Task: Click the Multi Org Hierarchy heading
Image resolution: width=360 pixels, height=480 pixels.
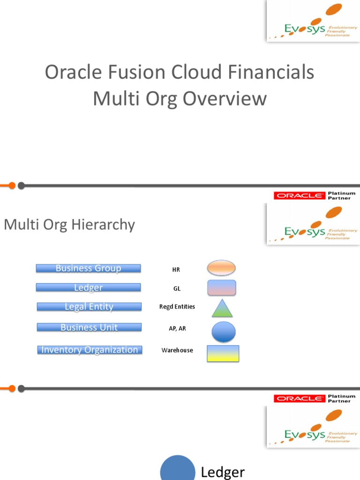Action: (69, 225)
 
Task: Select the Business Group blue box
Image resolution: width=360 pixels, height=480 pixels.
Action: (88, 269)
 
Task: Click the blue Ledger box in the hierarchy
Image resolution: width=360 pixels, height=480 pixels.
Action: (88, 288)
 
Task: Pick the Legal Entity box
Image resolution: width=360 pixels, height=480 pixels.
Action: (89, 307)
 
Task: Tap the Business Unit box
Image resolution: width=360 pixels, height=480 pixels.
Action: (89, 327)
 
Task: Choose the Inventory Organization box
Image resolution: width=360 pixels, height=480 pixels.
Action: (90, 350)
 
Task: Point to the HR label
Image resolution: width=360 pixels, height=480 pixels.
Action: (176, 270)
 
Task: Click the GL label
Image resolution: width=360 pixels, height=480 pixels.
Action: (177, 289)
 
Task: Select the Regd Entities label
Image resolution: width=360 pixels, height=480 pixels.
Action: (177, 307)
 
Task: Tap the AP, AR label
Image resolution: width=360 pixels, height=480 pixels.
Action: (177, 329)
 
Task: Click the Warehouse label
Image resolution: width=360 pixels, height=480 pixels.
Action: (177, 350)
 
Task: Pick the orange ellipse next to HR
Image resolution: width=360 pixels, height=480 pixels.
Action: (221, 268)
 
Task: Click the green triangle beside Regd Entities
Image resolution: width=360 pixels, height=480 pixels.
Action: (222, 309)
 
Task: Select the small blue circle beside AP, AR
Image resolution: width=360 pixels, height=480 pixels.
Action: (224, 331)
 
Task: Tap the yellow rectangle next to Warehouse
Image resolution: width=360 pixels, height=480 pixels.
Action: (223, 354)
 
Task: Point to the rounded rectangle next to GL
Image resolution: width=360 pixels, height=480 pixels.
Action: (222, 288)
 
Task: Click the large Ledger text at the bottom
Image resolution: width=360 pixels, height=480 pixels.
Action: (223, 472)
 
